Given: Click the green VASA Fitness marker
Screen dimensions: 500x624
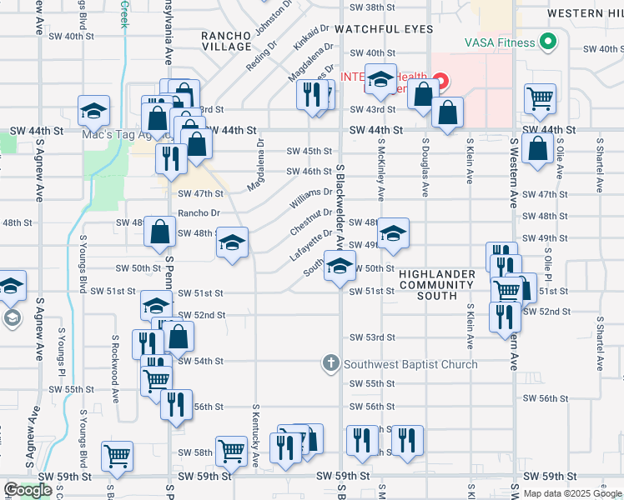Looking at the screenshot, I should click(x=548, y=41).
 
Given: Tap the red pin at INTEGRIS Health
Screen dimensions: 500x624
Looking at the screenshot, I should click(x=440, y=82).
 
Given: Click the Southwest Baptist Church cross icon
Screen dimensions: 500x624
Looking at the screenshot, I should click(x=331, y=363).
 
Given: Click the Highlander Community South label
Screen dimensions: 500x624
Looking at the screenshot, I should click(x=436, y=285).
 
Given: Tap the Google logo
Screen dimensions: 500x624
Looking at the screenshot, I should click(x=28, y=490).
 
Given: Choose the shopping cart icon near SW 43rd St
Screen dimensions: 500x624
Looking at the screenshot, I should click(x=540, y=98).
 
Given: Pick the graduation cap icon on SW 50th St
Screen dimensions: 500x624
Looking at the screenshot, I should click(x=338, y=267).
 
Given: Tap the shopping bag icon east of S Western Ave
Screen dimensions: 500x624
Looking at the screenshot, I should click(x=538, y=149).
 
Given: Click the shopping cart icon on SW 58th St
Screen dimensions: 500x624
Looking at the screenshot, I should click(x=231, y=451).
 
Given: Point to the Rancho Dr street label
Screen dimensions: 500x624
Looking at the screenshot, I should click(x=199, y=213).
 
